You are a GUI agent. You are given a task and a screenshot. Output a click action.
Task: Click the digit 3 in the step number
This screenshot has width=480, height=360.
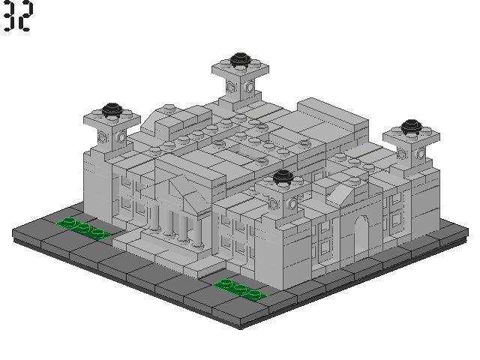pos(9,15)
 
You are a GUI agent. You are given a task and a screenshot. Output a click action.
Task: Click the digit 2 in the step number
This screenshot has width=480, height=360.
pos(25,15)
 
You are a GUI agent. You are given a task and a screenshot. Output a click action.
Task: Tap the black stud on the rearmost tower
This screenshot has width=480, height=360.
pos(240,59)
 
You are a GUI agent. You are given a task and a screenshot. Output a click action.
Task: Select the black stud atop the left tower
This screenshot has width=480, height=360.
pos(112,109)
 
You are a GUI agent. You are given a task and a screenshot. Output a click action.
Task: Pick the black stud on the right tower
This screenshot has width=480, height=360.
pos(412,127)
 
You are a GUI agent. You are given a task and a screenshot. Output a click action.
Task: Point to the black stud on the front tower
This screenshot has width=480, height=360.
pos(283,177)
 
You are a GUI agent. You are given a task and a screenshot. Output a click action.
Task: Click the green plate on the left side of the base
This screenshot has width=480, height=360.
pos(83,228)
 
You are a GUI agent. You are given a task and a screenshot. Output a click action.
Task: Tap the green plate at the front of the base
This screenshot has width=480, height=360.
pos(241,289)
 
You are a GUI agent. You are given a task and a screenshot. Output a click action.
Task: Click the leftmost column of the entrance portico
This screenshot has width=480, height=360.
pos(154,217)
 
